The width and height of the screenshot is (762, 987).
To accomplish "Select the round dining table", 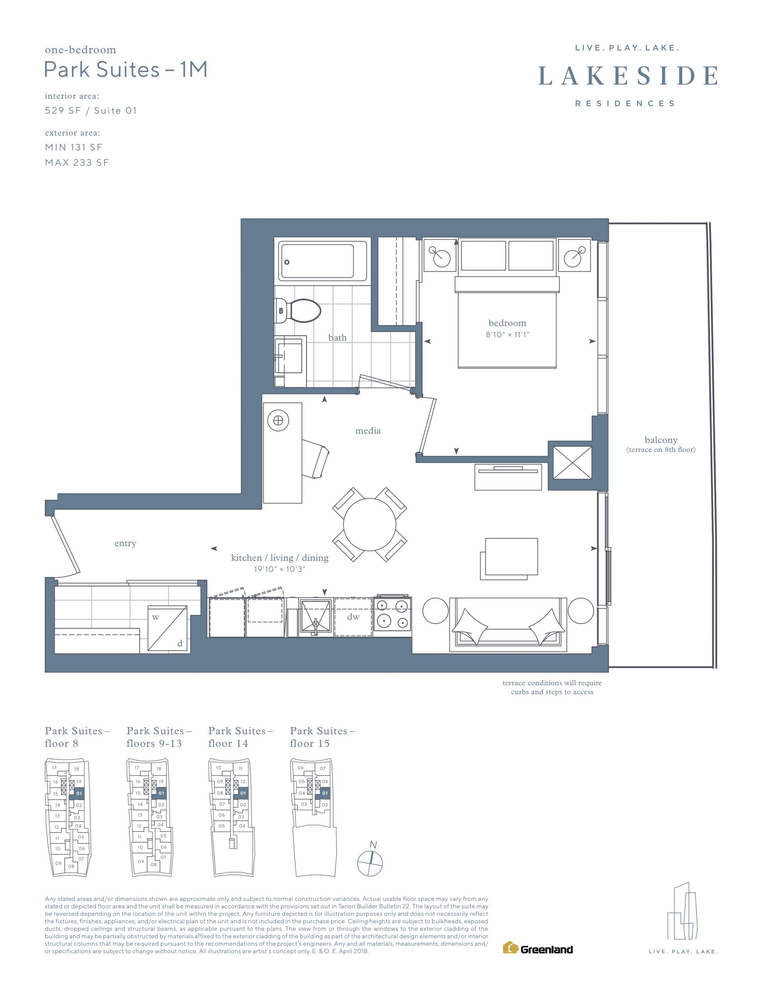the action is (x=369, y=524).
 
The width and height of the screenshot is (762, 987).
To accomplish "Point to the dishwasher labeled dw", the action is (x=353, y=617).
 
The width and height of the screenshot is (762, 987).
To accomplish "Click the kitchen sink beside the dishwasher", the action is (x=316, y=617).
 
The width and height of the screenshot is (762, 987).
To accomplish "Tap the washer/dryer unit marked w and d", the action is (x=168, y=629).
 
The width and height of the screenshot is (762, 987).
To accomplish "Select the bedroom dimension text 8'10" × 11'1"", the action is (x=507, y=335).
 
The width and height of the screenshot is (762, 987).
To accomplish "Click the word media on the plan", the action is (x=368, y=431).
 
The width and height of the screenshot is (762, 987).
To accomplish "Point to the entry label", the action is (x=125, y=543).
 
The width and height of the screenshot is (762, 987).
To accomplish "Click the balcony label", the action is (x=660, y=440).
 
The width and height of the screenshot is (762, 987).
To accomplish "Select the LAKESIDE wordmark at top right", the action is (x=628, y=76).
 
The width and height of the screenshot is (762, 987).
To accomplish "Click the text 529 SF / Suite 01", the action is (x=91, y=111).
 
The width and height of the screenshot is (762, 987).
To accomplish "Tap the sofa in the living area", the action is (x=508, y=624).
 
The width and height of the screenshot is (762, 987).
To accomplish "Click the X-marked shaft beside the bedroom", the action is (x=572, y=462).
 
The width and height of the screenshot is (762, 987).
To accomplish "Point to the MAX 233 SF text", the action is (x=77, y=163).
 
